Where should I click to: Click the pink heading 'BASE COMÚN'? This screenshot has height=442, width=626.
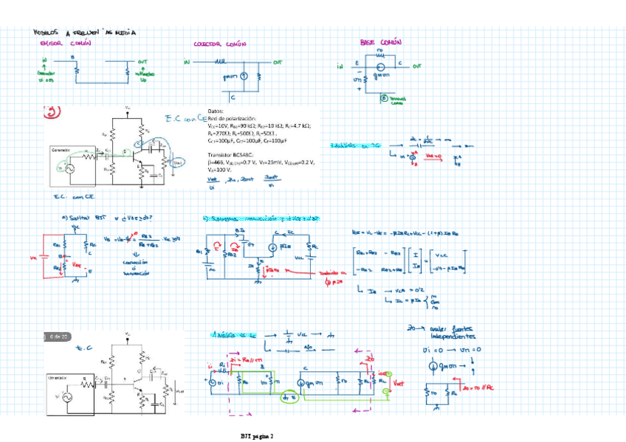(x=380, y=42)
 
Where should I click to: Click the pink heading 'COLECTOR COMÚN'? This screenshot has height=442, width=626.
(x=220, y=44)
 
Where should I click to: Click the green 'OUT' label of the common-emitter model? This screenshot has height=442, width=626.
(x=142, y=63)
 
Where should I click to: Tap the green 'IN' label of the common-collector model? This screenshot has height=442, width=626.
(x=187, y=63)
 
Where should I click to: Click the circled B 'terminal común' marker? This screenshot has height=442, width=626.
(x=384, y=98)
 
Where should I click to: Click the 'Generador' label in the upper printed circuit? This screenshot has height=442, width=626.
(x=61, y=150)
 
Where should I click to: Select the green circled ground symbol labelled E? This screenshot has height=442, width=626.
(x=289, y=398)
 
